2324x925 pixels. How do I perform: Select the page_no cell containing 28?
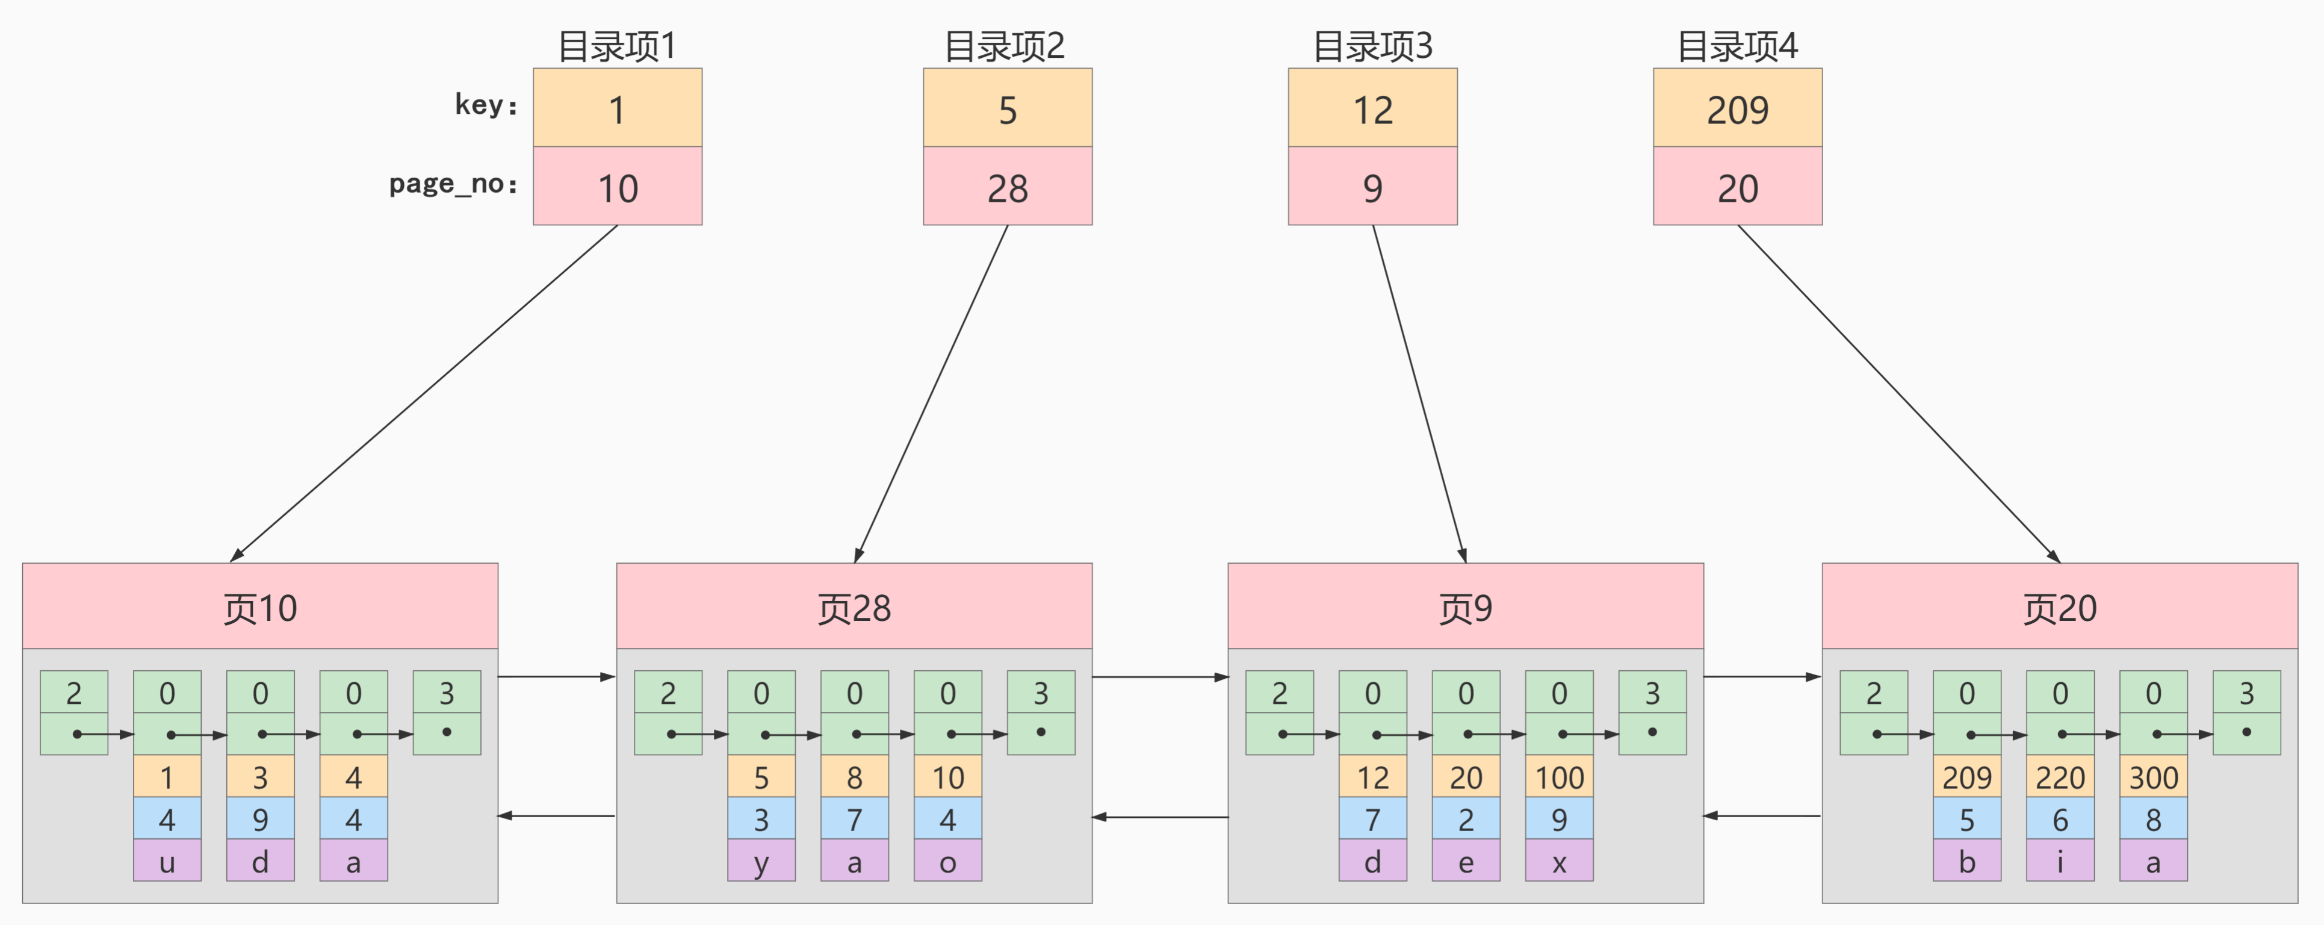click(x=1007, y=186)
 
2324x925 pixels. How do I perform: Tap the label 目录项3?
click(x=1372, y=45)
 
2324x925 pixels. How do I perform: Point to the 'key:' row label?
click(x=486, y=105)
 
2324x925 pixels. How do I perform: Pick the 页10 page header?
click(x=260, y=606)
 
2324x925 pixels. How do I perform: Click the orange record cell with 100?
click(x=1559, y=776)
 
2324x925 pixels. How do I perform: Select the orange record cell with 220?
click(x=2060, y=776)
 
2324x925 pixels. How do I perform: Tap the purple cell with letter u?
click(x=167, y=861)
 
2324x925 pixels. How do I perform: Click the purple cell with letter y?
click(x=761, y=861)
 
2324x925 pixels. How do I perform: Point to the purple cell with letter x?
click(x=1559, y=861)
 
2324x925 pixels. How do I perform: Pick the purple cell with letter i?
click(x=2060, y=861)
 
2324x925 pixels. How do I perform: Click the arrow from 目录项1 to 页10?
click(x=424, y=393)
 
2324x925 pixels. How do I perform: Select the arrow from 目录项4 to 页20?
click(x=1899, y=393)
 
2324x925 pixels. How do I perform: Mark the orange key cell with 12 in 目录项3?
click(x=1372, y=107)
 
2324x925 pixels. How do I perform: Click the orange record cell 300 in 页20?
click(x=2154, y=776)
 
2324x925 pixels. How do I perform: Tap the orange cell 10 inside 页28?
click(x=947, y=776)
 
